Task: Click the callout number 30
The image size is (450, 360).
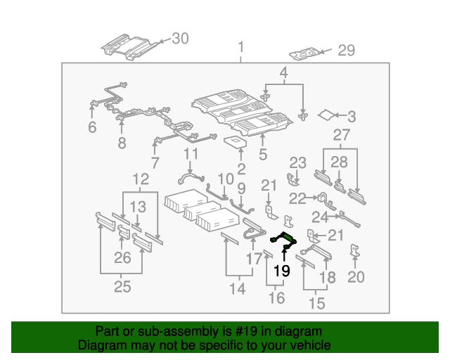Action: click(181, 39)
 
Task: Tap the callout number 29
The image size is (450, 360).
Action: click(346, 51)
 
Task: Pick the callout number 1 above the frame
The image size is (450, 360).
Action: click(240, 48)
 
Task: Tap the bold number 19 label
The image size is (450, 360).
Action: click(282, 271)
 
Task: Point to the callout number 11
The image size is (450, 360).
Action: click(191, 154)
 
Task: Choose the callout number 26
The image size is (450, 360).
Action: click(122, 258)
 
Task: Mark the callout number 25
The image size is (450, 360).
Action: click(122, 287)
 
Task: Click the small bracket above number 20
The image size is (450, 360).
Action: click(356, 251)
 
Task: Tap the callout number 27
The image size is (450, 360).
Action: click(341, 136)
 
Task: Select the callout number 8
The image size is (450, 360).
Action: click(122, 143)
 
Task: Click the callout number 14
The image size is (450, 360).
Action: click(237, 288)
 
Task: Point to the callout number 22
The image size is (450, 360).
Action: click(297, 199)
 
